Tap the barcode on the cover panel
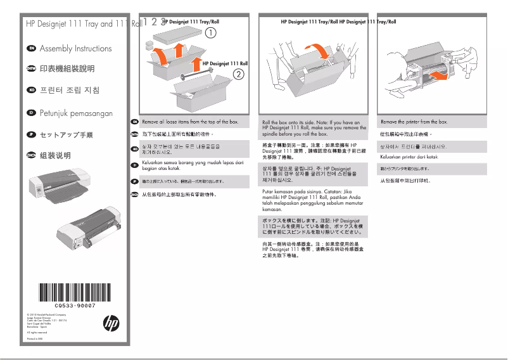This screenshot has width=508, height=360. pos(74,293)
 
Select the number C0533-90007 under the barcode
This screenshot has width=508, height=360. pos(74,305)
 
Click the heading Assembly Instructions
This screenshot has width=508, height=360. pos(75,49)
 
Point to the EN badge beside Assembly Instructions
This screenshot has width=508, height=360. pos(30,48)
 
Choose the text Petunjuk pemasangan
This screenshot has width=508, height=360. pos(76,113)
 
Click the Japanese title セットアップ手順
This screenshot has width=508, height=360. pos(66,135)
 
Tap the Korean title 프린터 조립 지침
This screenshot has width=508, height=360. pos(70,91)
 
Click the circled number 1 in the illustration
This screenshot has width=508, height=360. pos(210,32)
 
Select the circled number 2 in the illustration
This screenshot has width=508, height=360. pos(239,74)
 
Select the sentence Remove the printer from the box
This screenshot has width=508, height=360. pos(414,121)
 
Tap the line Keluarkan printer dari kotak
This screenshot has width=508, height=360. pos(409,157)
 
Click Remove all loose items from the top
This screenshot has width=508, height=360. pos(190,121)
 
